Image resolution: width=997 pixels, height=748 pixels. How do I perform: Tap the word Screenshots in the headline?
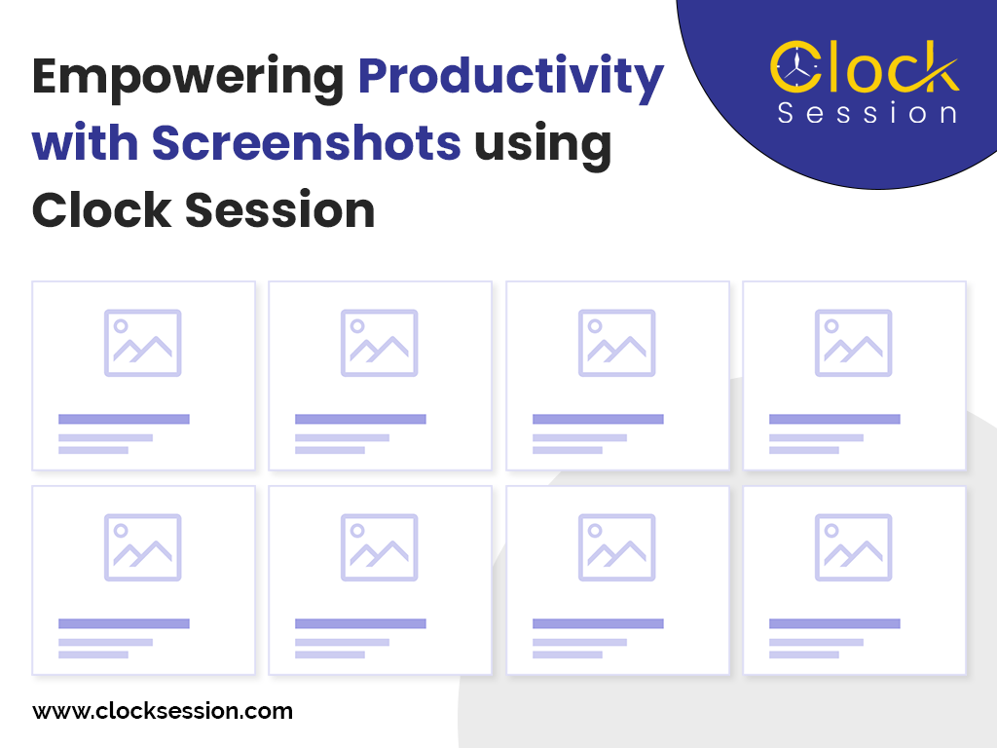pos(306,144)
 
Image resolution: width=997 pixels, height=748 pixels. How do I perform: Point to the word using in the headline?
pos(542,144)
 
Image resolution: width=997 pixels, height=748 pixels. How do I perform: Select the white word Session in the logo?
pos(867,113)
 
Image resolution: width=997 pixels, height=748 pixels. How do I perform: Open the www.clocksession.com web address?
pos(163,711)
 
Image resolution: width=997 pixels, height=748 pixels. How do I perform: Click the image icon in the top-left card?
pos(143,343)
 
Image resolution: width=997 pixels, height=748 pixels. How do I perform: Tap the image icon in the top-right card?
pos(853,343)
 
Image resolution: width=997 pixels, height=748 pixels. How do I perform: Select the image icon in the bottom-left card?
pos(143,547)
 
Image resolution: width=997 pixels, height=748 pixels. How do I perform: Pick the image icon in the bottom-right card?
pos(853,547)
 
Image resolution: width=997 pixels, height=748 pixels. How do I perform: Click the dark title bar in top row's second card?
pos(360,419)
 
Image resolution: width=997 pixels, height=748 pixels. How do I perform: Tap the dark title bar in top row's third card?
pos(598,419)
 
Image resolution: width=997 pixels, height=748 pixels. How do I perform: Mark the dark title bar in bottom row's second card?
pos(360,623)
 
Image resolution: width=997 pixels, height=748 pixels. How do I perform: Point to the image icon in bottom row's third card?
pos(617,547)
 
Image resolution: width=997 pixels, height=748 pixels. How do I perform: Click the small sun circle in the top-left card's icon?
pos(121,326)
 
